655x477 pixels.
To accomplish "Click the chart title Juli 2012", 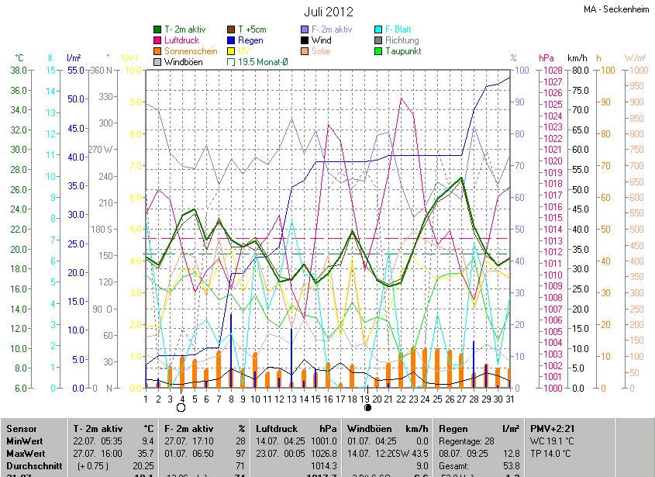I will (328, 12).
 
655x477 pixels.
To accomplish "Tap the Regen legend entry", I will (250, 40).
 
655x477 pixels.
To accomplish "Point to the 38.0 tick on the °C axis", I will (19, 71).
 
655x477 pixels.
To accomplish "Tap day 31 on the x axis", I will (509, 399).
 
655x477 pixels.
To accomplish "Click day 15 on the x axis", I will (315, 399).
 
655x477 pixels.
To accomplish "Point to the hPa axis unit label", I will (546, 58).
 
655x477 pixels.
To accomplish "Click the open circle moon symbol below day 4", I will (181, 407).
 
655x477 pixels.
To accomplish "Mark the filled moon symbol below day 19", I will (367, 406).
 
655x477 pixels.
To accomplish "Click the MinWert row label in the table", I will (25, 441).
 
